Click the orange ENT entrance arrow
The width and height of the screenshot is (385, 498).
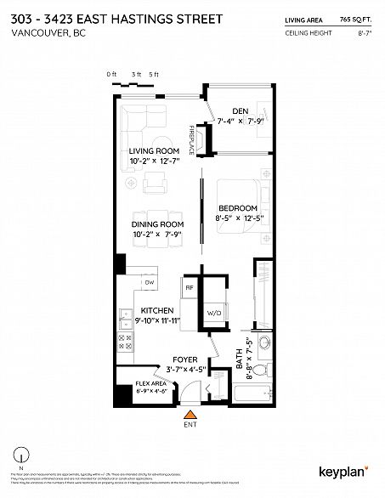pyautogui.click(x=190, y=415)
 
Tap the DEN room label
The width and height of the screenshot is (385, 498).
pyautogui.click(x=240, y=110)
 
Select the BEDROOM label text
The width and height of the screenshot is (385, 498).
pyautogui.click(x=237, y=208)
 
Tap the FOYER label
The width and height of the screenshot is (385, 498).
pyautogui.click(x=185, y=359)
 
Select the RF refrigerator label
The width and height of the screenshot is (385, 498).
pyautogui.click(x=191, y=289)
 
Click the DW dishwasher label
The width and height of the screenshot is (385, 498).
pyautogui.click(x=149, y=281)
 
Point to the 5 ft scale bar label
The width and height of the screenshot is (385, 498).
pyautogui.click(x=153, y=75)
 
